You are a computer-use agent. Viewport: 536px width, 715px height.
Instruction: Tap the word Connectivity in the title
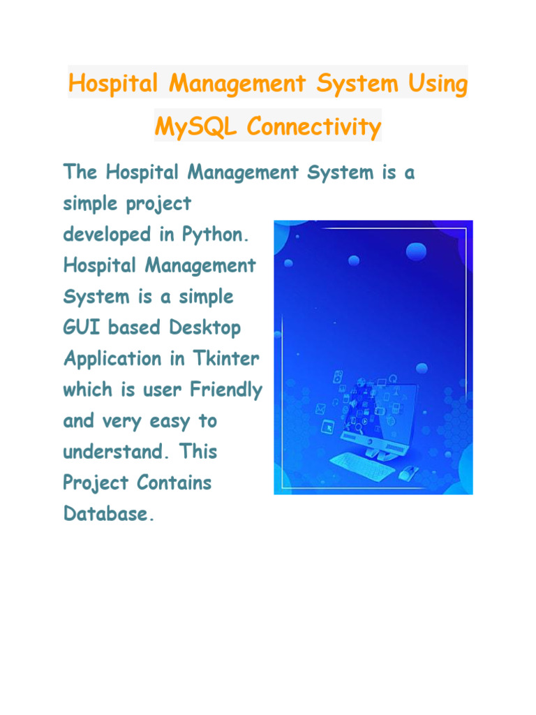click(x=314, y=127)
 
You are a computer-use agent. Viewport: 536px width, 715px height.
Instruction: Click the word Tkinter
click(x=230, y=359)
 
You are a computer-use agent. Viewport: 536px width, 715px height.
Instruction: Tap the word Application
click(x=105, y=360)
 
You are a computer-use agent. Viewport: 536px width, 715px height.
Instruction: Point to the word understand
click(x=112, y=452)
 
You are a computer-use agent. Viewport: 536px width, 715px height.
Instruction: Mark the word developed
click(x=108, y=235)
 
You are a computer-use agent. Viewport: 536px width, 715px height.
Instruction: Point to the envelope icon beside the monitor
click(x=321, y=409)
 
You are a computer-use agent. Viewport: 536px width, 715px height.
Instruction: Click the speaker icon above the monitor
click(x=338, y=377)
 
